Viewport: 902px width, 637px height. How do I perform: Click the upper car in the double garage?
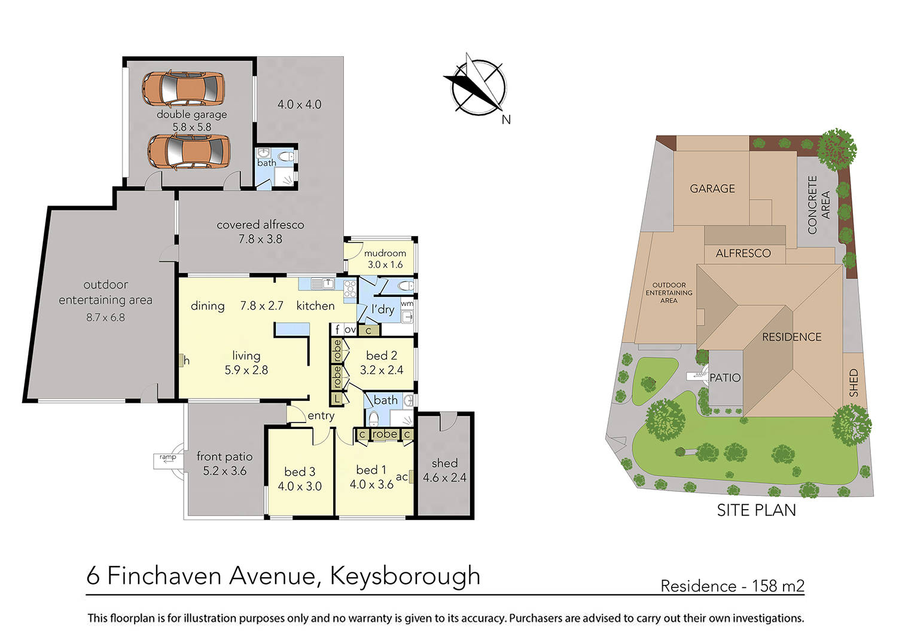[183, 88]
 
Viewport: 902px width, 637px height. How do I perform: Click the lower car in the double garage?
[188, 152]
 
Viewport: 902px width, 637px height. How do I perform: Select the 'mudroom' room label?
[385, 253]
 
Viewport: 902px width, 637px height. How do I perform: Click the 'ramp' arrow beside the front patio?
[167, 458]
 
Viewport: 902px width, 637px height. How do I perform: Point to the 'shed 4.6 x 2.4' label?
[444, 470]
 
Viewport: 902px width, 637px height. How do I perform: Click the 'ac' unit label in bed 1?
[402, 477]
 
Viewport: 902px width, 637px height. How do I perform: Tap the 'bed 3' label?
[299, 472]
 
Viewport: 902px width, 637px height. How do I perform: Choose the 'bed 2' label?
[381, 356]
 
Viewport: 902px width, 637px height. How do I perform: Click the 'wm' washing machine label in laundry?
[407, 304]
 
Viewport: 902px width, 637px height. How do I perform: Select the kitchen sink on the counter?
[327, 284]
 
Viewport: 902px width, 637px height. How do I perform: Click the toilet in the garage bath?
[287, 157]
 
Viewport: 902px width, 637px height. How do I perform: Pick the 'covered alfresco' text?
[260, 225]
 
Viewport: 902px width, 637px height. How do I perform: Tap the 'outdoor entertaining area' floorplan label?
[105, 292]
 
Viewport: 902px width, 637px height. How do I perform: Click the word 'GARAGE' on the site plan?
[712, 189]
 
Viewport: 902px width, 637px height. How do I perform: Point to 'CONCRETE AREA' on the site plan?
[818, 205]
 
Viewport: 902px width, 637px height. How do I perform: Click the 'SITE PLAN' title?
[756, 510]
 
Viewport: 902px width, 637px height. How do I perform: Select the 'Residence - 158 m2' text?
[732, 586]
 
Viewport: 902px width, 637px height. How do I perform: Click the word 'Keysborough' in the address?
[405, 576]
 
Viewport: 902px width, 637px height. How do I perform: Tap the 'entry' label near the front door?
[321, 416]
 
